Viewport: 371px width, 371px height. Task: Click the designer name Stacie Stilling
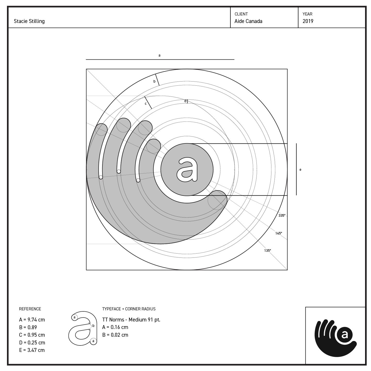[29, 21]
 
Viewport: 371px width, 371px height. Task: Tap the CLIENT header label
[241, 14]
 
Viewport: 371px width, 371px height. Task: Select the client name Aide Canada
[248, 21]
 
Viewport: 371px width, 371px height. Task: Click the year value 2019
[308, 21]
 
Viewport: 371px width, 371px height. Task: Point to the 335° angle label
[282, 215]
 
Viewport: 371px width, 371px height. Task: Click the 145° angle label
[279, 233]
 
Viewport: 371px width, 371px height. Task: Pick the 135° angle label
[268, 251]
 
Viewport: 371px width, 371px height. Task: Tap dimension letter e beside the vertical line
[300, 170]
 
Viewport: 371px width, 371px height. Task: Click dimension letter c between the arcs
[146, 103]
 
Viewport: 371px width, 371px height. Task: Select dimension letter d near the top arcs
[185, 101]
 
